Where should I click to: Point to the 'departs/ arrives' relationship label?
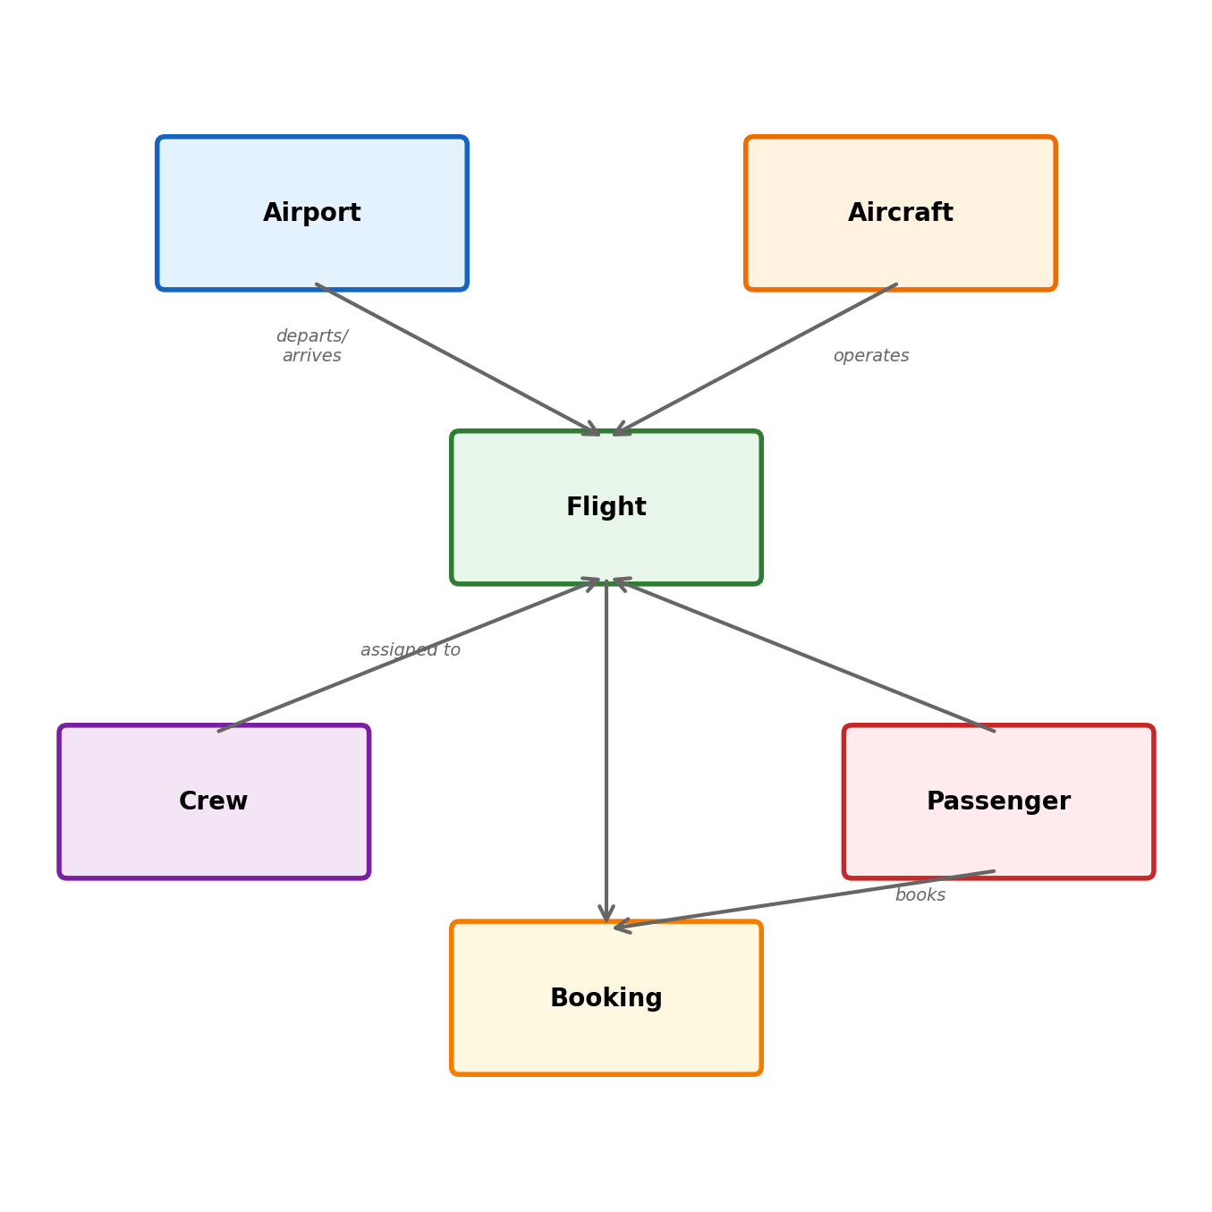pos(311,346)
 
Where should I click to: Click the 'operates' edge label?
pos(870,356)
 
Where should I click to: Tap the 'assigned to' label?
pos(410,650)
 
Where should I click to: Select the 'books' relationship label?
pos(920,895)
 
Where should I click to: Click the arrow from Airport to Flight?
pos(456,360)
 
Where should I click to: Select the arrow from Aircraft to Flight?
pos(756,360)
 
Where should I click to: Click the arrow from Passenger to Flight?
pos(805,656)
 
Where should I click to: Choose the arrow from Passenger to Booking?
pos(805,900)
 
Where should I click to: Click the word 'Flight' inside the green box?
pos(606,507)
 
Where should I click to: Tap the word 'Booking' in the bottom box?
pos(606,998)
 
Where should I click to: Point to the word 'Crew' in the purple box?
pos(213,801)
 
